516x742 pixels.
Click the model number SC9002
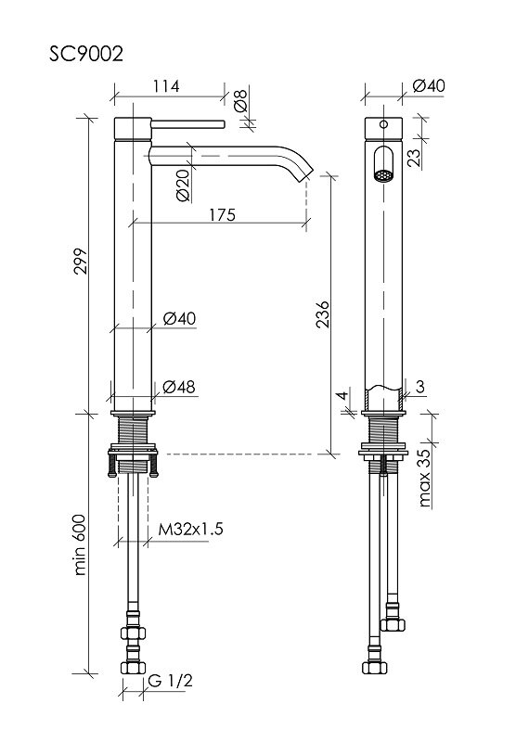point(86,54)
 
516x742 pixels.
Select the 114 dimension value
point(166,86)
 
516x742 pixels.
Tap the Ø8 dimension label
point(240,99)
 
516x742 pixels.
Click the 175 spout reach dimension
point(222,214)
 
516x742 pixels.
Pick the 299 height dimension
point(81,261)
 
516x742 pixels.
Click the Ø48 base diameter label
point(179,387)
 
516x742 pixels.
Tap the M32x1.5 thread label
point(190,529)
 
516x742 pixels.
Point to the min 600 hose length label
point(81,544)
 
